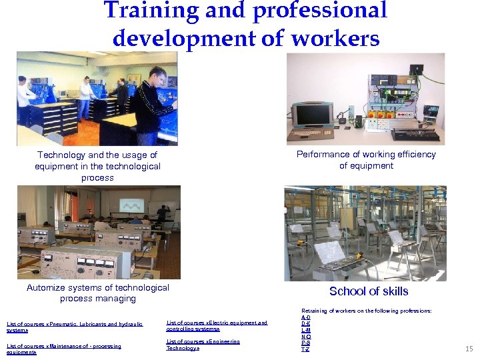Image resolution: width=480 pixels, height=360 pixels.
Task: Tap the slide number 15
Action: (469, 348)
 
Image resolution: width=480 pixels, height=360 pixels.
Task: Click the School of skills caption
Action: (369, 291)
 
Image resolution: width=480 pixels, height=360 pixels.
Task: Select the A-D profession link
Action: (305, 317)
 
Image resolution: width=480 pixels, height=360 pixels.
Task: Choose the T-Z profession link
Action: (305, 349)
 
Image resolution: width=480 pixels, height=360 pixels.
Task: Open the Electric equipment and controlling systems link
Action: (217, 325)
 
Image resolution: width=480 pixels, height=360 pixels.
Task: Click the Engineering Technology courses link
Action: (203, 345)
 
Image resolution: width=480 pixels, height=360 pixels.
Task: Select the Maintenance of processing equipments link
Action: (63, 349)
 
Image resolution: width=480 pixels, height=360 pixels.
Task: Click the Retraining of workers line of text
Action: (366, 311)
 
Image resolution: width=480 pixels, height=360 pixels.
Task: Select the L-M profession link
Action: (305, 330)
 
